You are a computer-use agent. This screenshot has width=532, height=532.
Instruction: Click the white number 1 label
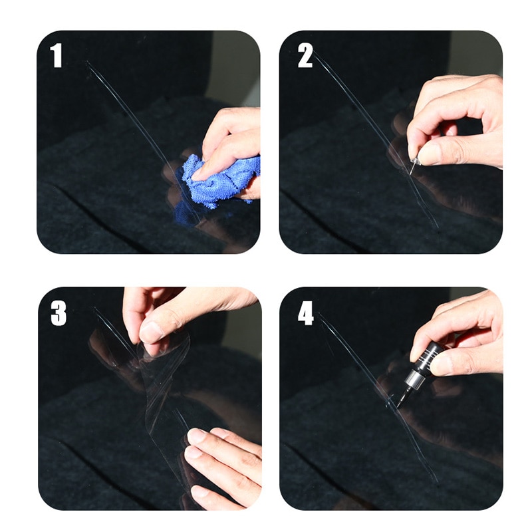pos(57,57)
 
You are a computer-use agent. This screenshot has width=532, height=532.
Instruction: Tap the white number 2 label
pos(305,57)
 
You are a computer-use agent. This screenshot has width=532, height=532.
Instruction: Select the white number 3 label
pos(59,313)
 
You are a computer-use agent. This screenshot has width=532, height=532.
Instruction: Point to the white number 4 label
pos(305,313)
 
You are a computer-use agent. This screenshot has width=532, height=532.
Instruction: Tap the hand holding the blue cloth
pos(233,140)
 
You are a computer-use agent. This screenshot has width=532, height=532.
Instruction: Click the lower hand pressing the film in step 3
pos(219,459)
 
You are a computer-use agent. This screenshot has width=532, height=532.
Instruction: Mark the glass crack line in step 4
pos(352,359)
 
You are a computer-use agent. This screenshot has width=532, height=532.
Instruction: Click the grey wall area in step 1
pos(233,66)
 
